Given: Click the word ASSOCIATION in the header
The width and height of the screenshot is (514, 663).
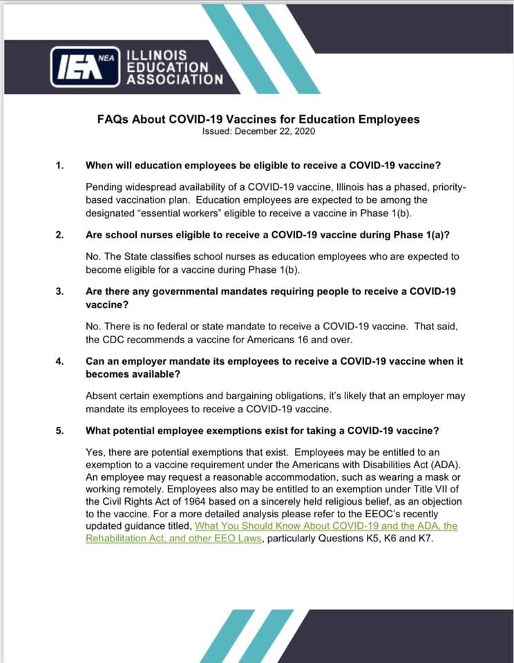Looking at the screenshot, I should click(x=174, y=79).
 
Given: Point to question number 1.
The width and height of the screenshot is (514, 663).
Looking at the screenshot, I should click(x=59, y=166).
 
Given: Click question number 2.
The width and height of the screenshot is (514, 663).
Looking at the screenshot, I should click(x=59, y=235).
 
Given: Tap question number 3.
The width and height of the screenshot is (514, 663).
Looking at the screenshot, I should click(x=59, y=291).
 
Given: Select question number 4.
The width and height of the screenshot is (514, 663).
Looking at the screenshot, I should click(x=59, y=361).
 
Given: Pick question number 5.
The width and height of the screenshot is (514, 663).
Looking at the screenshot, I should click(x=59, y=430).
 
